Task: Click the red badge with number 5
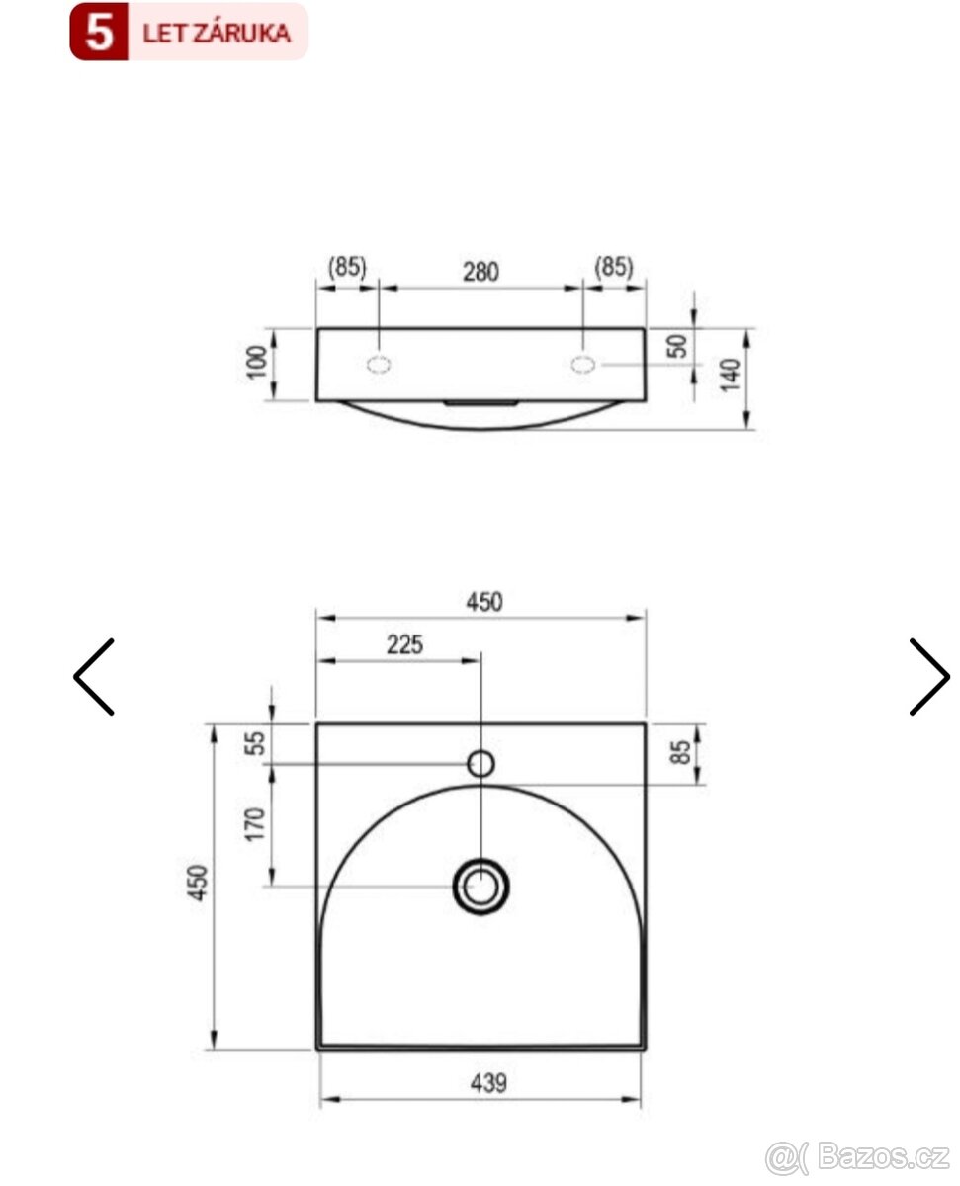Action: [x=99, y=33]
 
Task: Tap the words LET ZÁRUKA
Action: [x=217, y=33]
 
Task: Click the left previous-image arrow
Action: [x=94, y=677]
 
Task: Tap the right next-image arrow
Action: [x=928, y=677]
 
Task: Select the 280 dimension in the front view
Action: [x=481, y=271]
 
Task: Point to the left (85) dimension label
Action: [x=347, y=267]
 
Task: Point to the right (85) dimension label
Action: [x=614, y=267]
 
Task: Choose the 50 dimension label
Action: [x=679, y=347]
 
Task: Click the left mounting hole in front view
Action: [x=379, y=364]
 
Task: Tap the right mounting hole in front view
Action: [x=583, y=364]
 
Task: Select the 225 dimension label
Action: [x=404, y=644]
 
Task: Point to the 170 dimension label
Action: [x=255, y=824]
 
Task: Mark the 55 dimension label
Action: [x=255, y=744]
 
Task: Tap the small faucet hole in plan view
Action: [x=480, y=763]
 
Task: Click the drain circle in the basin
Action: [x=481, y=885]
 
